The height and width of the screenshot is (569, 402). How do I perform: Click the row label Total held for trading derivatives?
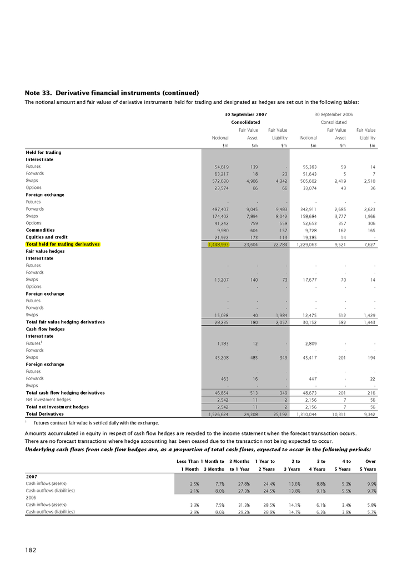tap(63, 244)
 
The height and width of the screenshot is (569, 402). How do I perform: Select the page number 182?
tap(31, 550)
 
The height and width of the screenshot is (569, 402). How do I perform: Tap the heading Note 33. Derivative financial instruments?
tap(112, 92)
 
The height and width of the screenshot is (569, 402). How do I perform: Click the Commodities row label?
tap(41, 229)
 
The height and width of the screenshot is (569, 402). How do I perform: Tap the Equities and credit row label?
tap(47, 237)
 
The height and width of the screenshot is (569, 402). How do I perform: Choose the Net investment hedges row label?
tap(48, 399)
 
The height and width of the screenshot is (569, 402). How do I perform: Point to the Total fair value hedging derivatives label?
tap(66, 322)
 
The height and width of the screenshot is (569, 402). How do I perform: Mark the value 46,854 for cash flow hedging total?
tap(221, 392)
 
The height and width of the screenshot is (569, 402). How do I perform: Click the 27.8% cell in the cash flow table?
tap(239, 483)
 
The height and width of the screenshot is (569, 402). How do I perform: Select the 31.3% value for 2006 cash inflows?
tap(239, 505)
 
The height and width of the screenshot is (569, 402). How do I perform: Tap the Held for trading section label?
tap(43, 152)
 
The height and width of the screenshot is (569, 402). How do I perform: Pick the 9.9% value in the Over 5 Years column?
tap(370, 483)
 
